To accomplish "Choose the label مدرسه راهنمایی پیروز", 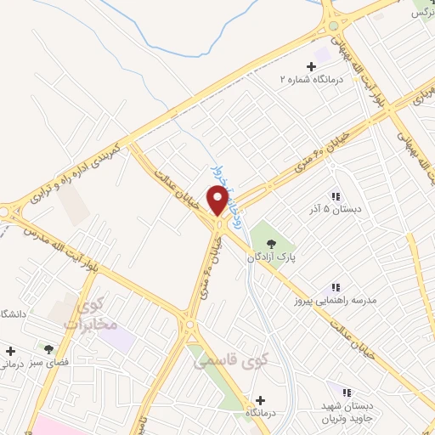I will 326,301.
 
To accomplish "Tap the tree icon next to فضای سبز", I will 48,348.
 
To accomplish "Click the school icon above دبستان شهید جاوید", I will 347,393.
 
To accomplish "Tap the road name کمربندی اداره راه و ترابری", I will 76,173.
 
